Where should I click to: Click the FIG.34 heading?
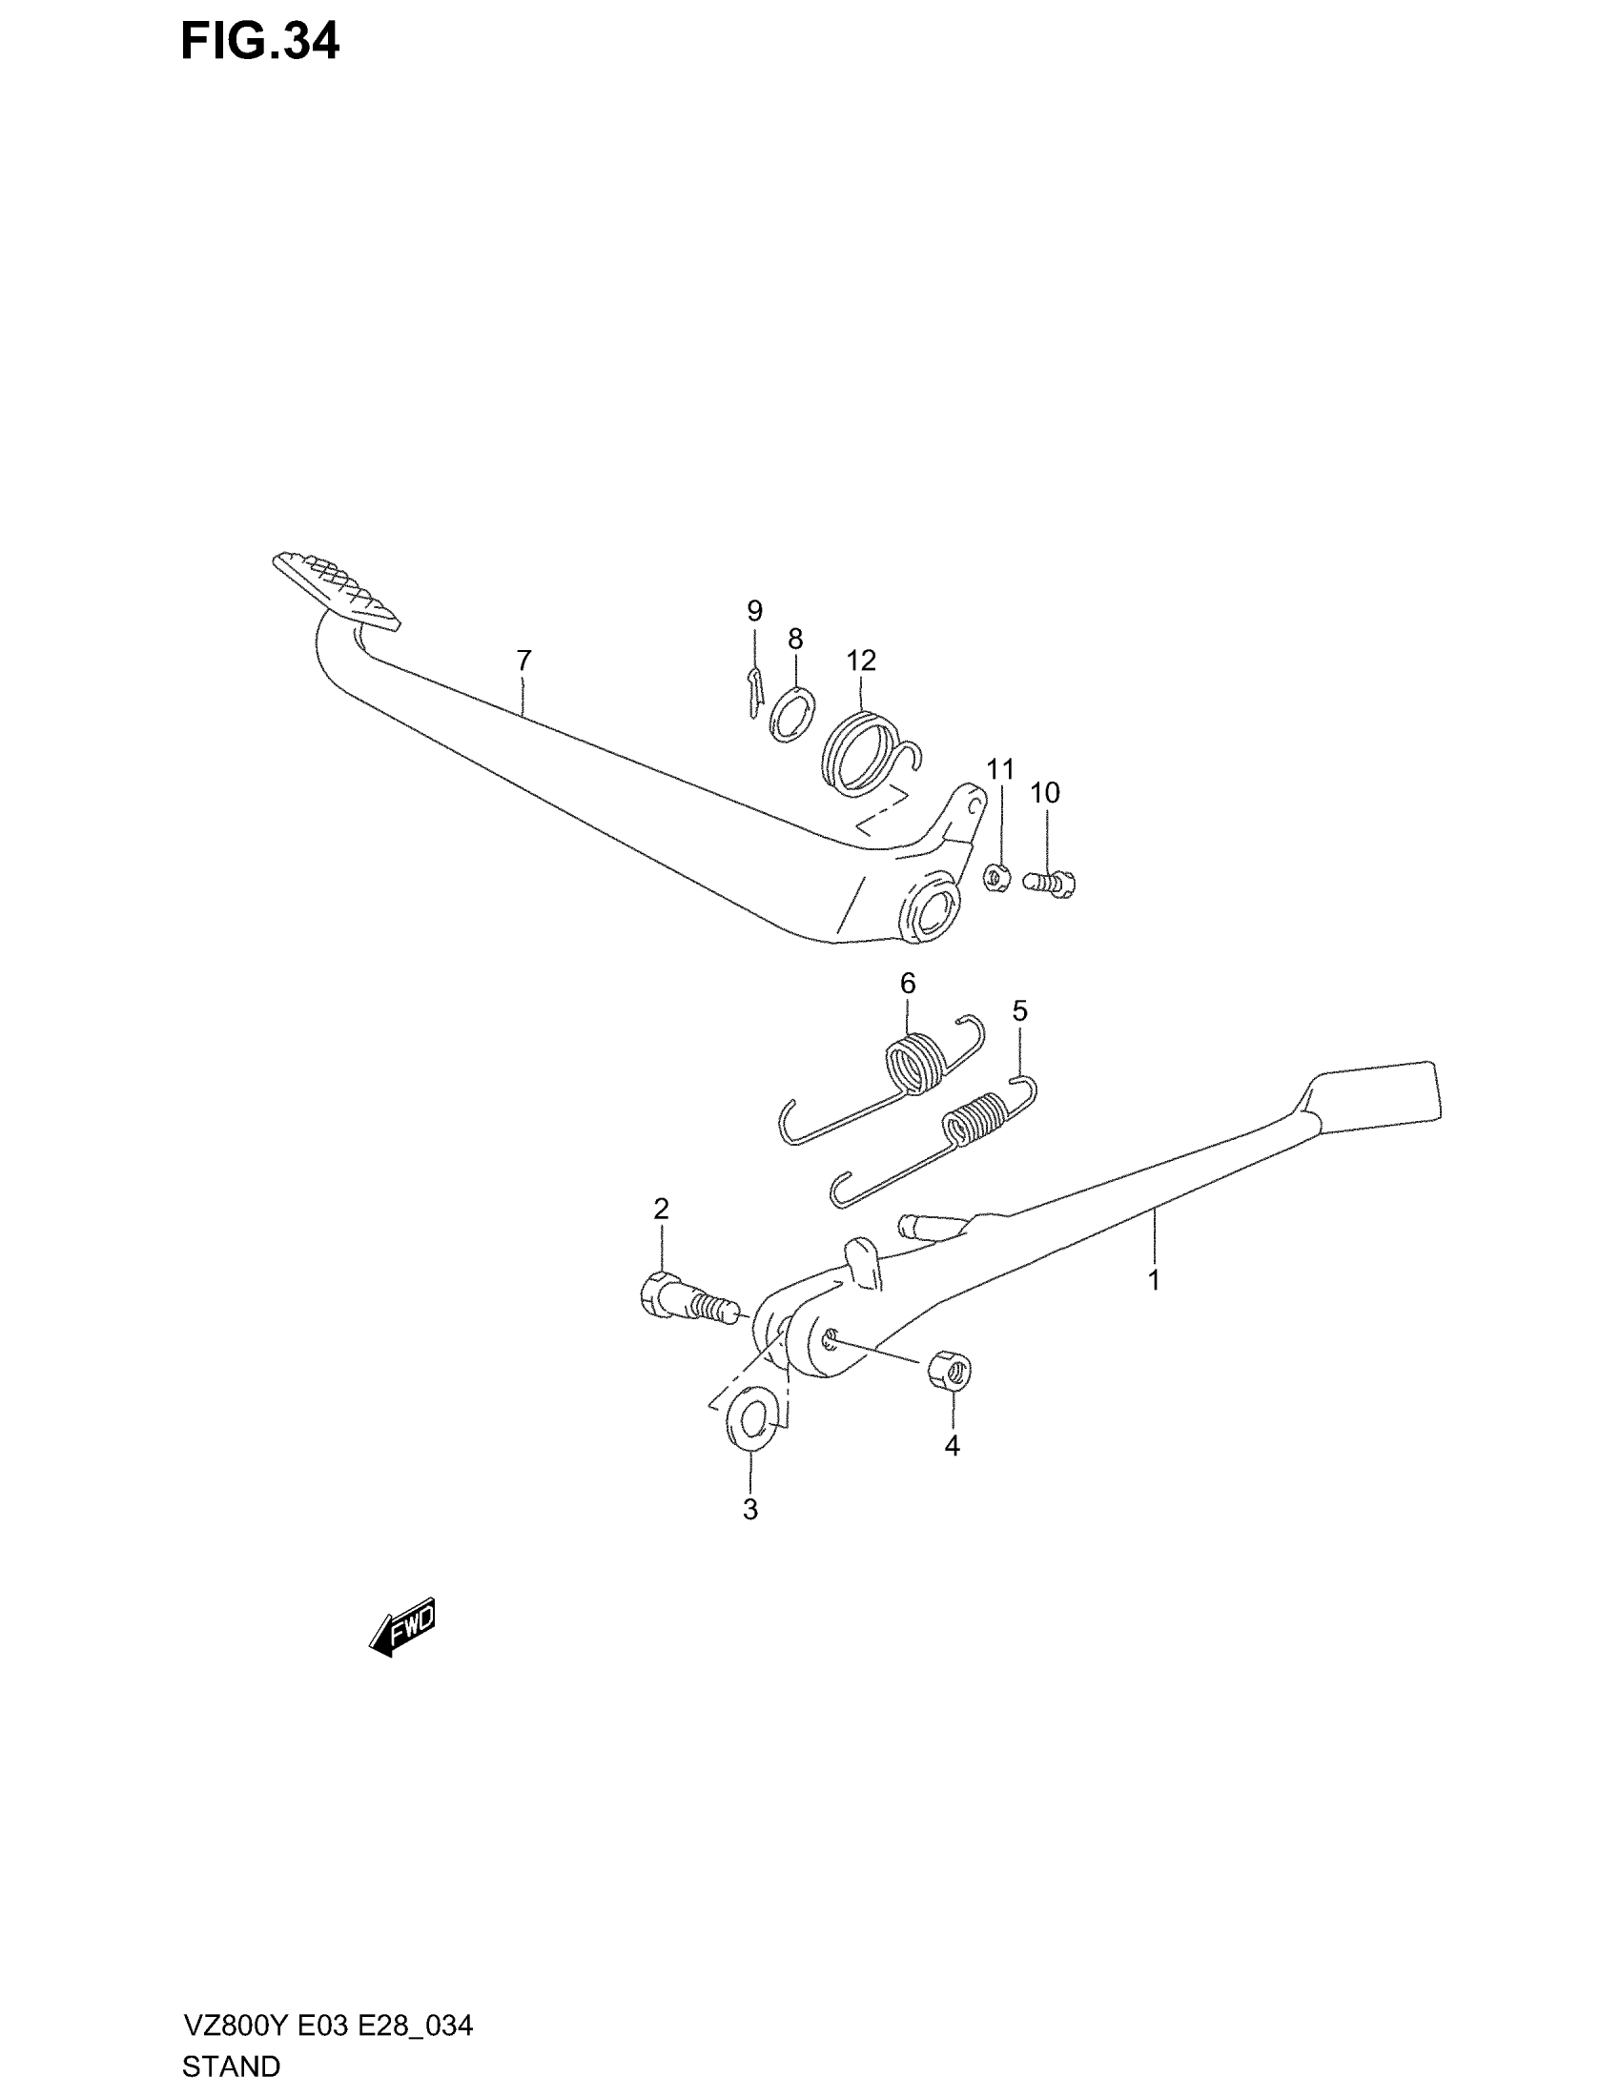(259, 42)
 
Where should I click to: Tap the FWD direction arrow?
(402, 1626)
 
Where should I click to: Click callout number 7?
(523, 661)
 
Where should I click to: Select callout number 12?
(861, 661)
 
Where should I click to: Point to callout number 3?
(750, 1510)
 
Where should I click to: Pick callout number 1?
(1155, 1280)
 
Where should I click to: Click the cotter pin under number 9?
(754, 690)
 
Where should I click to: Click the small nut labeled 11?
(995, 877)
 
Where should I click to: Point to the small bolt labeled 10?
(1051, 881)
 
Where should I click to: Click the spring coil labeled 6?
(914, 1063)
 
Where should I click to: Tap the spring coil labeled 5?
(976, 1122)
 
